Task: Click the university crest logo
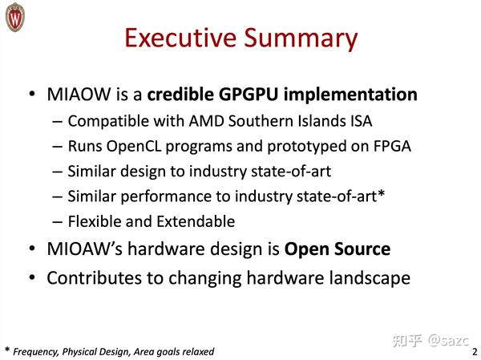(x=16, y=17)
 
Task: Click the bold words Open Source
(x=338, y=249)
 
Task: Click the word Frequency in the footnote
(x=38, y=351)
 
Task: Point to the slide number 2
(x=474, y=351)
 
